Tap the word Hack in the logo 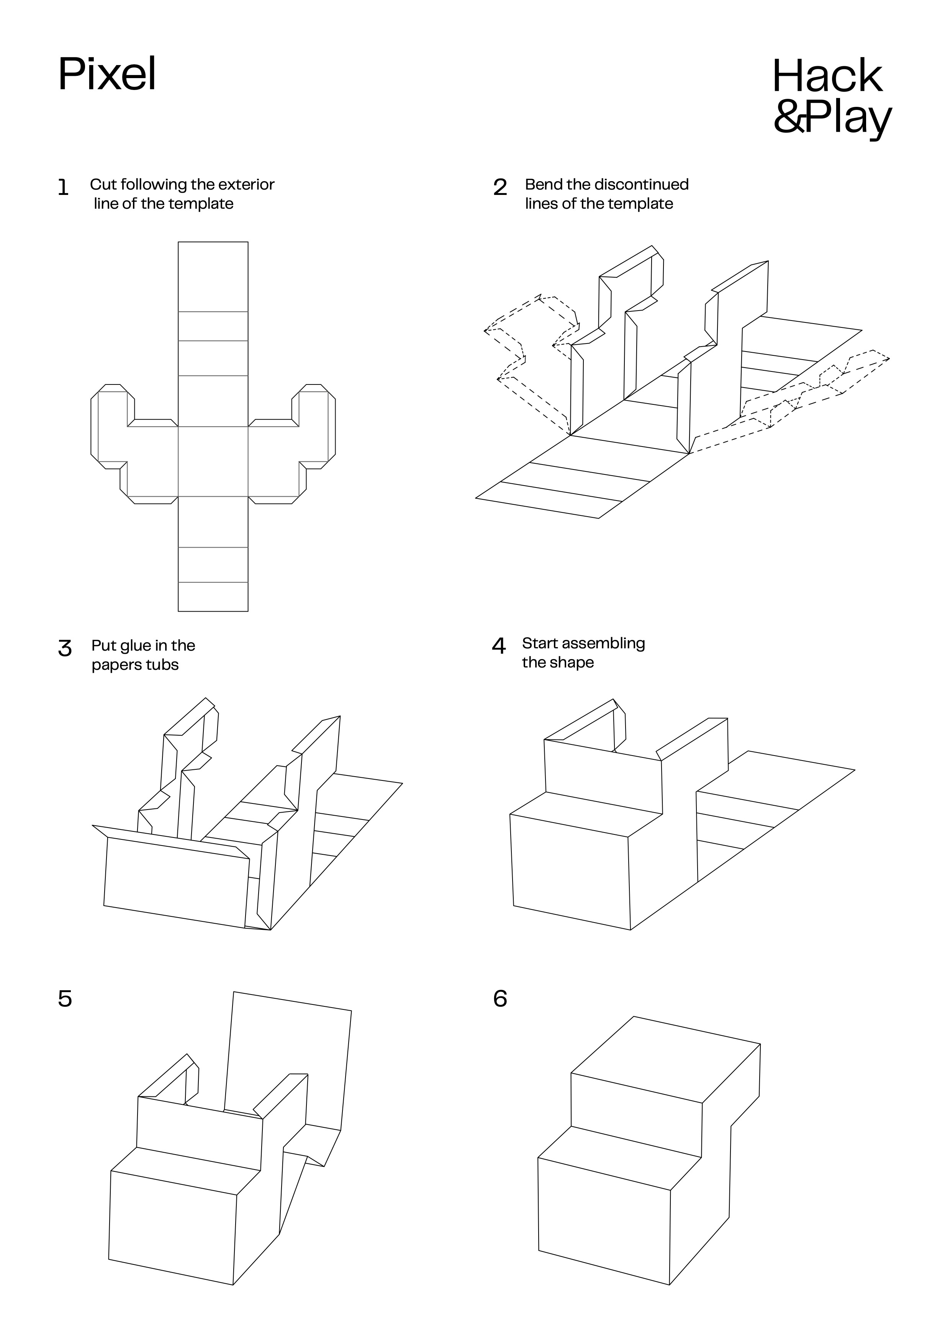click(x=827, y=76)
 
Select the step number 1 click(x=63, y=188)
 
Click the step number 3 click(x=65, y=649)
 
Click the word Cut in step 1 click(x=103, y=185)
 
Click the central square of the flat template click(x=213, y=461)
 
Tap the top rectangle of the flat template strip click(x=213, y=276)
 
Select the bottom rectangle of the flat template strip click(x=213, y=597)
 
